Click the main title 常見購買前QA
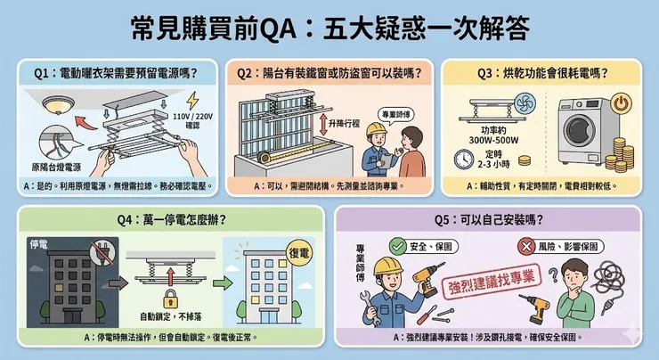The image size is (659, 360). point(329,27)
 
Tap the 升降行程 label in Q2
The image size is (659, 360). point(346,122)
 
